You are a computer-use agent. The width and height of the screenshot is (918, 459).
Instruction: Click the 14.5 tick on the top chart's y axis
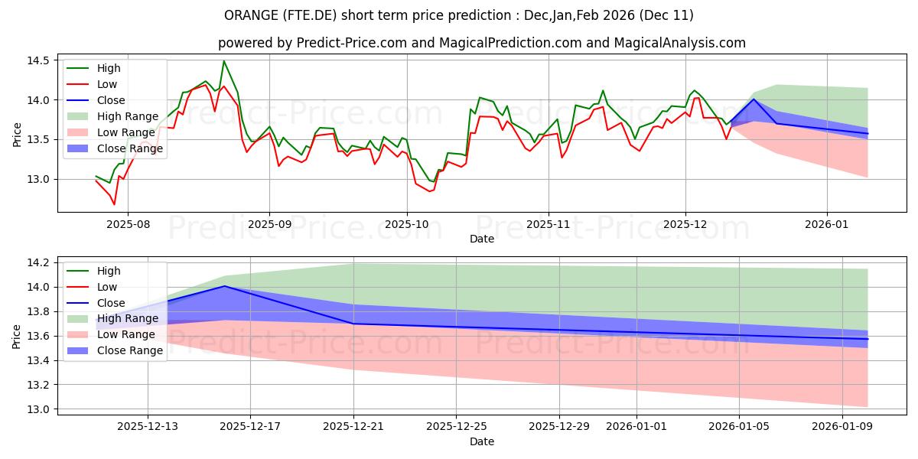tap(41, 60)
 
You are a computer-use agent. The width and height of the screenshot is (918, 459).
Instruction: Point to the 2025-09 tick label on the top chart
tap(269, 226)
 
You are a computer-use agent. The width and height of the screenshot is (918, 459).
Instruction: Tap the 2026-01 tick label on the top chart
tap(827, 226)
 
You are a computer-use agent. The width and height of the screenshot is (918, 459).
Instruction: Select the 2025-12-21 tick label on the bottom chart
tap(353, 425)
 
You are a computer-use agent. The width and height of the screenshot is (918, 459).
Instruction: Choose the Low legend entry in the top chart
tap(109, 84)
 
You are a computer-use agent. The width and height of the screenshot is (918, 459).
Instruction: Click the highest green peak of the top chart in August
tap(223, 61)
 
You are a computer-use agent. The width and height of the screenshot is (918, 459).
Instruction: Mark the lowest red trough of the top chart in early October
tap(429, 191)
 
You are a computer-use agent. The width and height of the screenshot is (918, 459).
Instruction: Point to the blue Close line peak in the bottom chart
tap(225, 286)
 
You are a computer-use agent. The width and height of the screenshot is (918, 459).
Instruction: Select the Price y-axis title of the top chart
tap(17, 133)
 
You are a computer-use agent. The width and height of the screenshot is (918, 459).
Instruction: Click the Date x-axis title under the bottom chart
tap(482, 441)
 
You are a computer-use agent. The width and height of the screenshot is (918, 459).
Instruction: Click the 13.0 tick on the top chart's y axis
tap(41, 179)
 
